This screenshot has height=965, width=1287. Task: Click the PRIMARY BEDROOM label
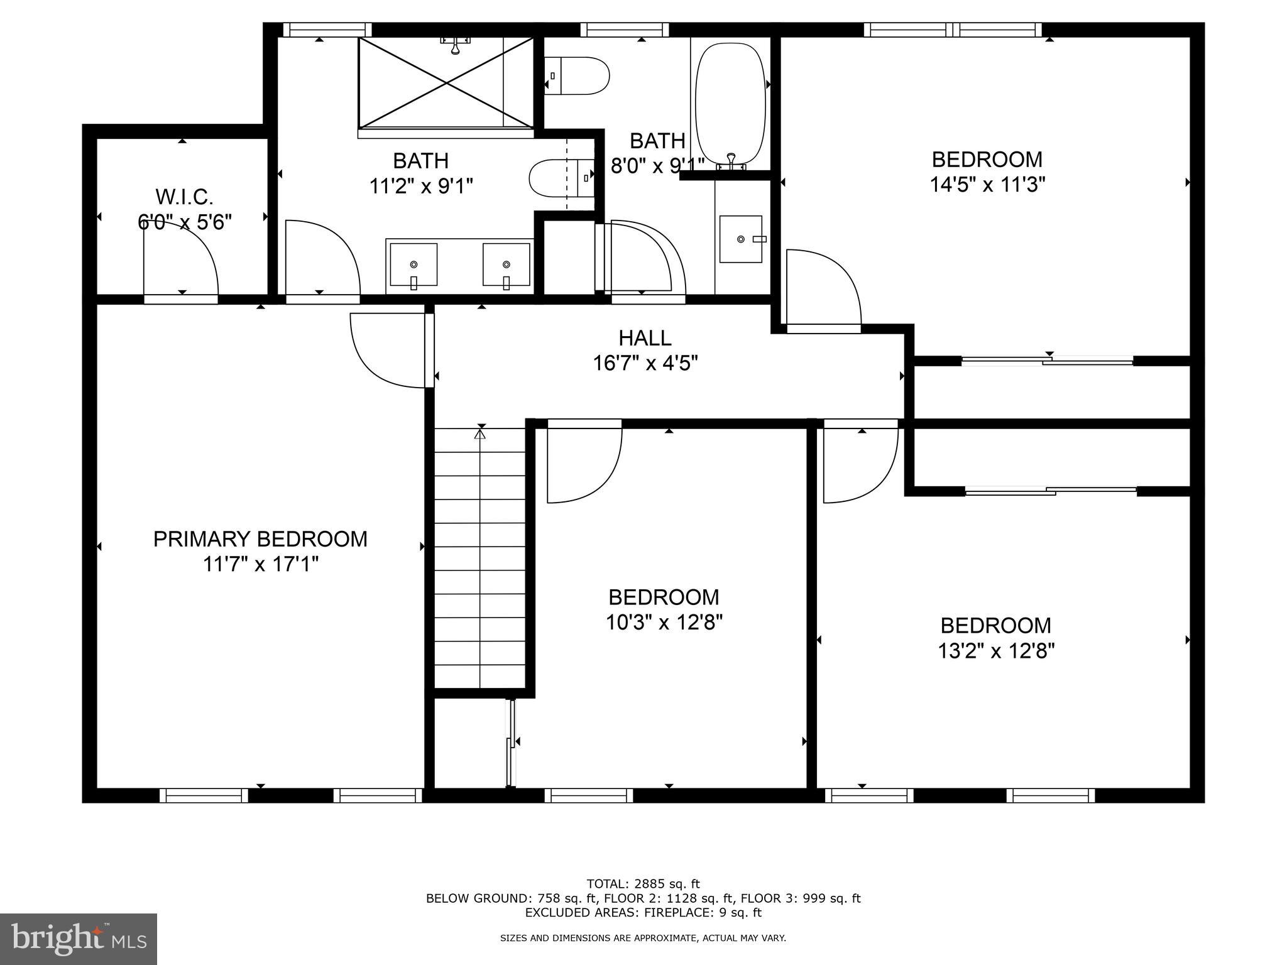point(260,539)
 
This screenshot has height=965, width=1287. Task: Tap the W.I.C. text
point(184,197)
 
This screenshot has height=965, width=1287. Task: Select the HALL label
point(645,338)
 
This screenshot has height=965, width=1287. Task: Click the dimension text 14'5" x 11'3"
point(987,185)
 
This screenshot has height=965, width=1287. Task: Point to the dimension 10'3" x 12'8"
point(664,623)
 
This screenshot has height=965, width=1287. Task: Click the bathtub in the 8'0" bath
point(730,104)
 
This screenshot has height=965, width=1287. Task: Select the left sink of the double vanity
point(413,264)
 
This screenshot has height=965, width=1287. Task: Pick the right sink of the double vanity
point(506,264)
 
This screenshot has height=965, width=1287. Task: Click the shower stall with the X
point(446,82)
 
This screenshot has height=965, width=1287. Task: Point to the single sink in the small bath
point(741,239)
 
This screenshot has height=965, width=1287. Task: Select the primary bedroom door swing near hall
point(386,350)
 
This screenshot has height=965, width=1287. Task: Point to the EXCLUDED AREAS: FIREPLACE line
point(643,912)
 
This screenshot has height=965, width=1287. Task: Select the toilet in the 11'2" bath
point(561,178)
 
